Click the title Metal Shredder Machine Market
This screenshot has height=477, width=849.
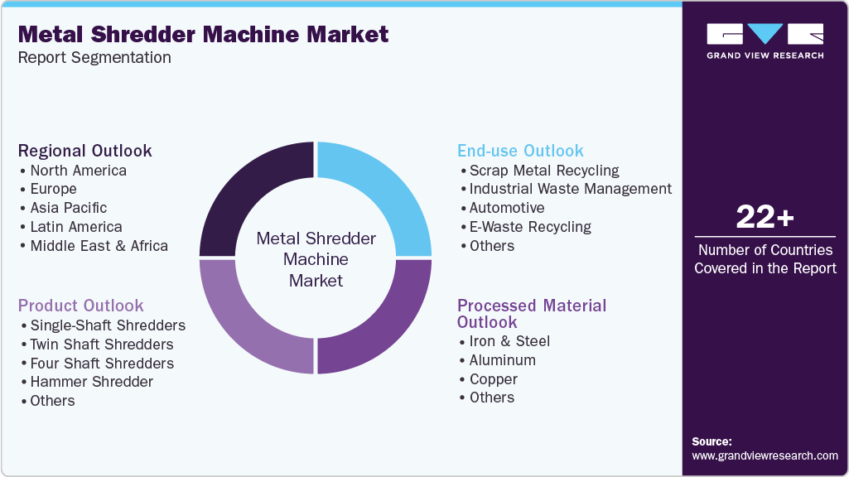[203, 34]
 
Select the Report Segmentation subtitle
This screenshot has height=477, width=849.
[94, 58]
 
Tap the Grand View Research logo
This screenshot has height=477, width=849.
[765, 41]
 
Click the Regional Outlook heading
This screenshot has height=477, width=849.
[85, 151]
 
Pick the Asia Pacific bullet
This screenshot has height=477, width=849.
[68, 208]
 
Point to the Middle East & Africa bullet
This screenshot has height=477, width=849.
[99, 246]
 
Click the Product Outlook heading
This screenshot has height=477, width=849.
[81, 306]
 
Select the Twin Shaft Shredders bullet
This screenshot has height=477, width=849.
[101, 344]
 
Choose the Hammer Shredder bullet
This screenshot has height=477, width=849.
[91, 382]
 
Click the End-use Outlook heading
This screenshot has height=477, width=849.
[520, 151]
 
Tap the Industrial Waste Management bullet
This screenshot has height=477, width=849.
[570, 189]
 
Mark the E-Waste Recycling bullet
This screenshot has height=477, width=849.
[530, 227]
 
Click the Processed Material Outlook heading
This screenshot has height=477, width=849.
[532, 314]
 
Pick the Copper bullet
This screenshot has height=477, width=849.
[493, 379]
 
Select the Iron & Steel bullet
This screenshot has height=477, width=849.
[509, 341]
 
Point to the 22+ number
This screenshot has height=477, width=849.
[765, 217]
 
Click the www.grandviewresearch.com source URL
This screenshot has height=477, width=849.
[765, 455]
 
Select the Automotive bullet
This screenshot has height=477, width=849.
[506, 208]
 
